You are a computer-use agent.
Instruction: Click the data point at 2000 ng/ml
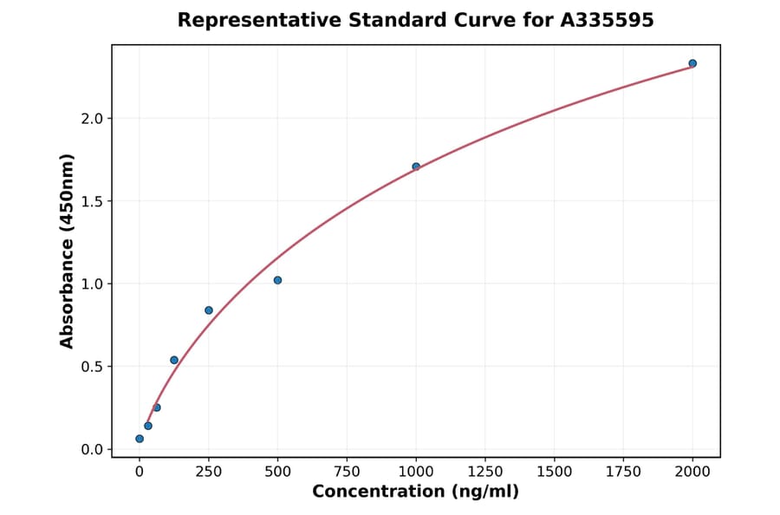pyautogui.click(x=692, y=63)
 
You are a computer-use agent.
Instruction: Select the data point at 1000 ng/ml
pyautogui.click(x=416, y=166)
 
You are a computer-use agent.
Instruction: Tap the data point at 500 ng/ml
pyautogui.click(x=277, y=280)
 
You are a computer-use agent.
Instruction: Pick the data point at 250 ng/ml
pyautogui.click(x=209, y=310)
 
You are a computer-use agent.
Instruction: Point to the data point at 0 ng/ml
pyautogui.click(x=140, y=439)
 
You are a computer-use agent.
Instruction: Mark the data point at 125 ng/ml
pyautogui.click(x=174, y=360)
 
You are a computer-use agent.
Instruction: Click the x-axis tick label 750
pyautogui.click(x=347, y=472)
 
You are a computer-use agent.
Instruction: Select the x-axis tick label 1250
pyautogui.click(x=485, y=472)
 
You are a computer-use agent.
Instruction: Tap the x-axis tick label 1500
pyautogui.click(x=555, y=472)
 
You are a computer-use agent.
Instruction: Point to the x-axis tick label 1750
pyautogui.click(x=623, y=472)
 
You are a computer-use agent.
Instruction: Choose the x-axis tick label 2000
pyautogui.click(x=692, y=472)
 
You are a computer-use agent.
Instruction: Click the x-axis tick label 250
pyautogui.click(x=209, y=472)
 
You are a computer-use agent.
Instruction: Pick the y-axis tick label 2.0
pyautogui.click(x=93, y=119)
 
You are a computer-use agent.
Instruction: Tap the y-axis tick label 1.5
pyautogui.click(x=93, y=201)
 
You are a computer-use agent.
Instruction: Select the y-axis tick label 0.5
pyautogui.click(x=93, y=367)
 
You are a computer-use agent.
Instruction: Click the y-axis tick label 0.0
pyautogui.click(x=93, y=449)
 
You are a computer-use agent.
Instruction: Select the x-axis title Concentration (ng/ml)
pyautogui.click(x=415, y=492)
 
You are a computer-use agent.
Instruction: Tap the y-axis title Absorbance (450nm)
pyautogui.click(x=68, y=251)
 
